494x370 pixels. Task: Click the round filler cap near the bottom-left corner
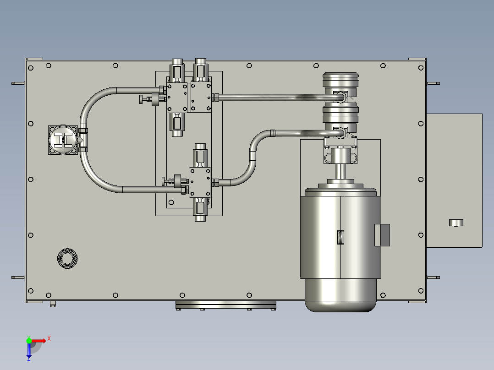click(x=67, y=259)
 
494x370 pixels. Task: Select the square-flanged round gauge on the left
click(x=63, y=140)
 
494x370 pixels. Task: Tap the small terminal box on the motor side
click(x=382, y=235)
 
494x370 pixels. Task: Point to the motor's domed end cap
click(x=340, y=295)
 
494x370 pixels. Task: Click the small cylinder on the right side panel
click(x=456, y=223)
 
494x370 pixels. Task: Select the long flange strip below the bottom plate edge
click(x=225, y=305)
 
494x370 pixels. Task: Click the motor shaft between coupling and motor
click(x=340, y=171)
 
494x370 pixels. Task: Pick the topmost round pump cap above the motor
click(x=340, y=80)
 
